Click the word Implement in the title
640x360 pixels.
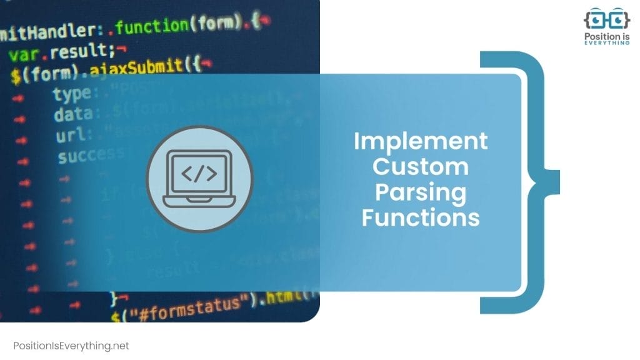tap(421, 141)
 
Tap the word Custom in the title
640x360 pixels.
tap(421, 167)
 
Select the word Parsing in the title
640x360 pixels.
tap(421, 192)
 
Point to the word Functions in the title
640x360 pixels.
tap(421, 217)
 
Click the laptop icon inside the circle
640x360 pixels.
tap(199, 179)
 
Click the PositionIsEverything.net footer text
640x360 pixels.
tap(71, 346)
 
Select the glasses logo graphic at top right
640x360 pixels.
tap(606, 19)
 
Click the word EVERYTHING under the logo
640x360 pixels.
tap(606, 42)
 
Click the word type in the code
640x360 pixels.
tap(71, 94)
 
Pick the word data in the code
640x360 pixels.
tap(72, 115)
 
